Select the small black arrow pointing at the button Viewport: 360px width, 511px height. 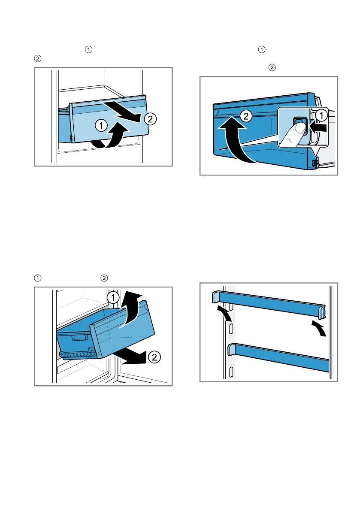click(x=318, y=128)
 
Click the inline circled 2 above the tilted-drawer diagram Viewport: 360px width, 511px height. click(x=103, y=278)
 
